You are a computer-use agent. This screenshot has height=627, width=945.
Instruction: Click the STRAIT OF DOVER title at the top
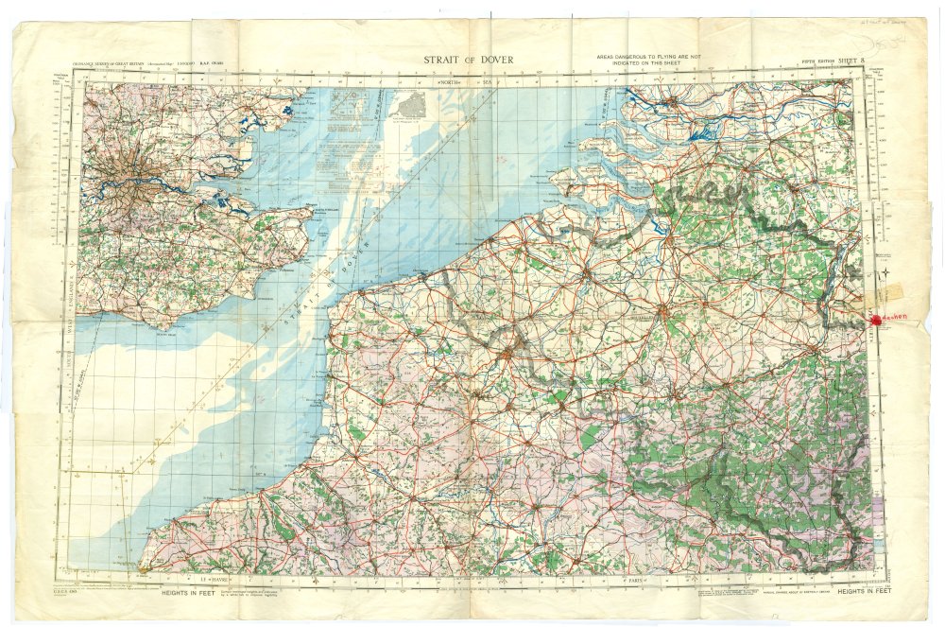click(469, 61)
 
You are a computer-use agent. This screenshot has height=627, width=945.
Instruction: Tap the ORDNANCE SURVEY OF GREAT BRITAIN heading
click(123, 70)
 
